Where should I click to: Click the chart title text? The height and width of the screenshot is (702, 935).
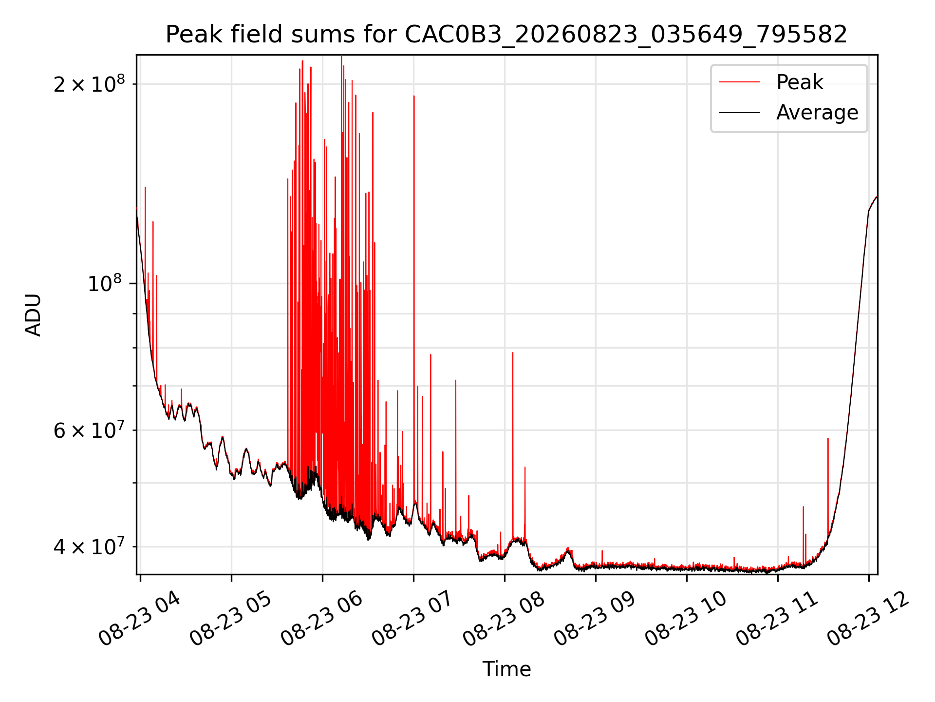(x=506, y=35)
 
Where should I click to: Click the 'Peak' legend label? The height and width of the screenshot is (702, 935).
(x=800, y=82)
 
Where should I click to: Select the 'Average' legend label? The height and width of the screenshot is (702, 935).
(x=817, y=113)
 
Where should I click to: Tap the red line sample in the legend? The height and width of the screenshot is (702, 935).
(x=739, y=82)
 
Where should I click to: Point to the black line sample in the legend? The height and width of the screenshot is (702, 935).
(x=739, y=113)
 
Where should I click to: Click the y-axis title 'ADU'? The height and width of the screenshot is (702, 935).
(x=33, y=315)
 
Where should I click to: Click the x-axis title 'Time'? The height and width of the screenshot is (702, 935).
(x=506, y=669)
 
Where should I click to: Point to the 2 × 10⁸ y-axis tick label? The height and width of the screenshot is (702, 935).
(x=89, y=84)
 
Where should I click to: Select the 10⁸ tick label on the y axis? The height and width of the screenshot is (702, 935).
(x=105, y=283)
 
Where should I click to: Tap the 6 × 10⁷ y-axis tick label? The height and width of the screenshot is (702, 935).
(x=89, y=430)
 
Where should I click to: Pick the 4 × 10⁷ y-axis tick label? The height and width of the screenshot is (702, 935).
(x=89, y=546)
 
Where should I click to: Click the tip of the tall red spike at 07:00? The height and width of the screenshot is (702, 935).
(x=414, y=96)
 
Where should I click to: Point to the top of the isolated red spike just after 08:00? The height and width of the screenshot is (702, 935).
(x=513, y=352)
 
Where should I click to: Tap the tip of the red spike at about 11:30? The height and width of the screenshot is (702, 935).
(x=828, y=439)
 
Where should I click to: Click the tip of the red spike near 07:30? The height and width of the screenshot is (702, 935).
(x=456, y=380)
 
